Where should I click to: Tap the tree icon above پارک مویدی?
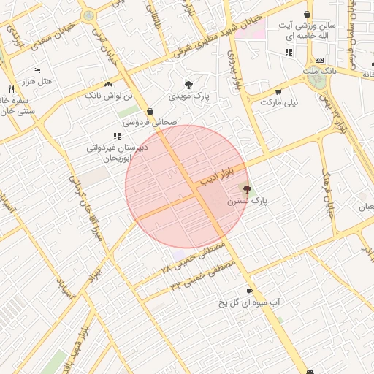pyautogui.click(x=189, y=85)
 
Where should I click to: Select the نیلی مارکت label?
pyautogui.click(x=279, y=103)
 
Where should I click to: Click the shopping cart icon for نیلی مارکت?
pyautogui.click(x=278, y=92)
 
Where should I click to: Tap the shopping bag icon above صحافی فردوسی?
pyautogui.click(x=150, y=112)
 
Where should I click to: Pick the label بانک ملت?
pyautogui.click(x=320, y=71)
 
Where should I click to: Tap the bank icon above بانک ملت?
pyautogui.click(x=319, y=60)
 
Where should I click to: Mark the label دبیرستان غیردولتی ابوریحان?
pyautogui.click(x=117, y=152)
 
